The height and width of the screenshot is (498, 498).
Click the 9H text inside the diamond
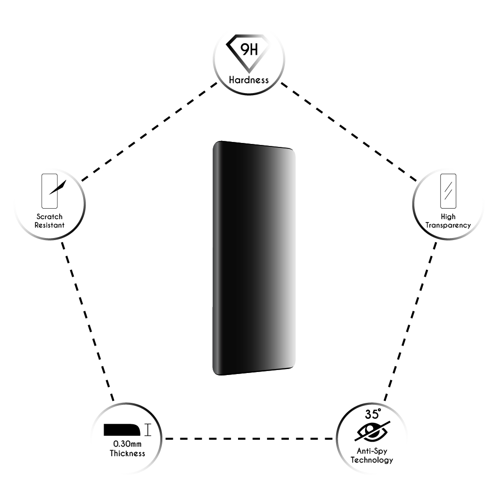[x=249, y=50]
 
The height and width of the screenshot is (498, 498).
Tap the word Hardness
[x=249, y=80]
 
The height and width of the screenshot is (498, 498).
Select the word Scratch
[x=49, y=217]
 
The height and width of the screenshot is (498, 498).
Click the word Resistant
[x=49, y=225]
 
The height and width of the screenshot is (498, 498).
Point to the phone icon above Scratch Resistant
[x=49, y=191]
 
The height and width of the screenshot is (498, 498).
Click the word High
[x=448, y=217]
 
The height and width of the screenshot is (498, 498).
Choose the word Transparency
[x=448, y=225]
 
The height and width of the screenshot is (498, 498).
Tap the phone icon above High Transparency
[x=448, y=191]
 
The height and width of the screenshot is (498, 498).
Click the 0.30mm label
[x=127, y=444]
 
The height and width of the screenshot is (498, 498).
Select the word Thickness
[x=127, y=453]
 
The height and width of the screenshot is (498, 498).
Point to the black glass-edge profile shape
[x=122, y=430]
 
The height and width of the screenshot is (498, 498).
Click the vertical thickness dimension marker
[x=148, y=430]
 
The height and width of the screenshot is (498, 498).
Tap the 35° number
[x=373, y=414]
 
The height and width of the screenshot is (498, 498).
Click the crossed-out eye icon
[x=372, y=432]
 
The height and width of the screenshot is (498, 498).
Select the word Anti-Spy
[x=372, y=451]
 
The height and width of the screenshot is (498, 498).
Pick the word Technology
[x=372, y=460]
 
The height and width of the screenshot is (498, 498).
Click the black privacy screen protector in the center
[x=254, y=258]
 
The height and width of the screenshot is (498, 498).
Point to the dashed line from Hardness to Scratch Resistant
[x=149, y=132]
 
